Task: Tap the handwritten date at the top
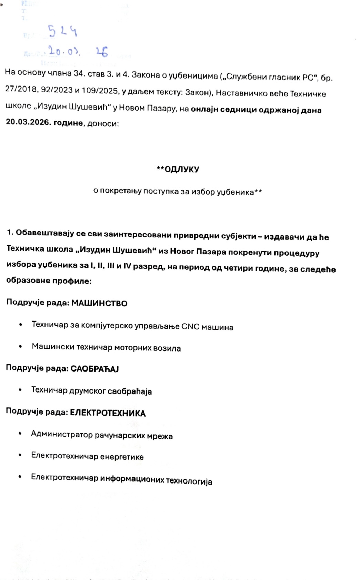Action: [78, 51]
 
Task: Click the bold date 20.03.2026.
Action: [28, 123]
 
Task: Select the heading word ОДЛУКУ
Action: [182, 170]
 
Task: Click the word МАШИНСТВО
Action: [99, 304]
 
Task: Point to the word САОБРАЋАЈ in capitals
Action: [94, 369]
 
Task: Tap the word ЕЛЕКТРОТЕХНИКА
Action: [108, 413]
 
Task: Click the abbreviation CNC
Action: [190, 327]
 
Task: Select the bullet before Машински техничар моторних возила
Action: [21, 347]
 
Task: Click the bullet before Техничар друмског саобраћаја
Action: [20, 390]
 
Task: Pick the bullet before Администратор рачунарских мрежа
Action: [20, 433]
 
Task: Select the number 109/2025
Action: [101, 91]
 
